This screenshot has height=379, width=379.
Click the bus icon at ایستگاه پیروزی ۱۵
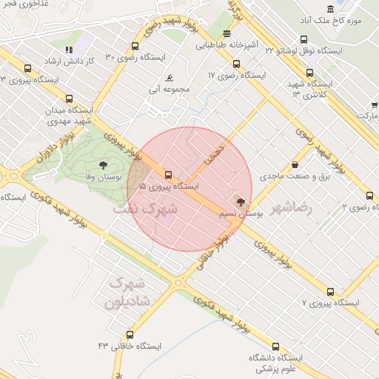[x=169, y=175]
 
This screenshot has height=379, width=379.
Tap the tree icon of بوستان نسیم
[x=239, y=200]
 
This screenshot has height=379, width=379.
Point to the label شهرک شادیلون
[x=129, y=292]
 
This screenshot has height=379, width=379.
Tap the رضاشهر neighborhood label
[x=292, y=208]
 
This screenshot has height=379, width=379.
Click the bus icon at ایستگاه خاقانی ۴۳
[x=130, y=335]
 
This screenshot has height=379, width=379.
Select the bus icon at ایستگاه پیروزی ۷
[x=330, y=292]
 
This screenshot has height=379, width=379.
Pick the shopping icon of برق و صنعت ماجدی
[x=295, y=165]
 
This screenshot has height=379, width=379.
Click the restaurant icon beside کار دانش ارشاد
[x=69, y=50]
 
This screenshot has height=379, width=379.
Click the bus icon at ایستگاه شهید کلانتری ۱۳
[x=309, y=73]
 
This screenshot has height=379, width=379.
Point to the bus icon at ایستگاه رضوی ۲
[x=369, y=195]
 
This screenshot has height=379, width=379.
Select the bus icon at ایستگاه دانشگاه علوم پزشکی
[x=276, y=346]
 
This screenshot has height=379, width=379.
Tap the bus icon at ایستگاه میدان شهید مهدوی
[x=69, y=98]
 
